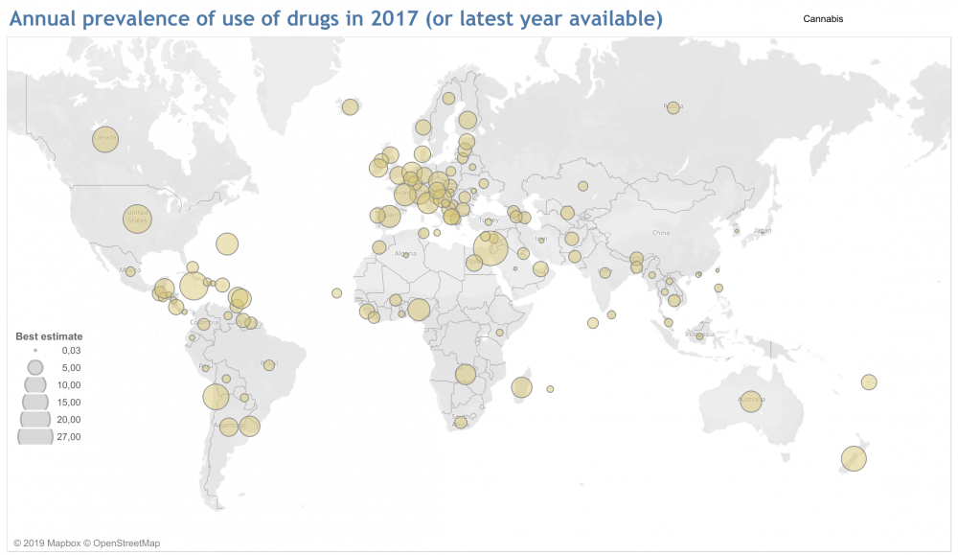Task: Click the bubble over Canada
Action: [105, 140]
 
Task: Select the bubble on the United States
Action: [138, 219]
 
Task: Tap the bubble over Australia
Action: [751, 401]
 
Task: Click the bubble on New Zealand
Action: [853, 459]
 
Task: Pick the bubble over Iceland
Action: [350, 106]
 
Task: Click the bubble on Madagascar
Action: [521, 387]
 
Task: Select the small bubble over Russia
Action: [673, 107]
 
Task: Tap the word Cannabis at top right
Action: [823, 18]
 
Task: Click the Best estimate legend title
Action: [49, 336]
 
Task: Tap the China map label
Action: [661, 233]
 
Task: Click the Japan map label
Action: [763, 231]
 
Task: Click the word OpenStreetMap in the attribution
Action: [121, 543]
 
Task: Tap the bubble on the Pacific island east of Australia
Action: [869, 382]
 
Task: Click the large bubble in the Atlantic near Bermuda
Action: [226, 244]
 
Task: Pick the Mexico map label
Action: [130, 271]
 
